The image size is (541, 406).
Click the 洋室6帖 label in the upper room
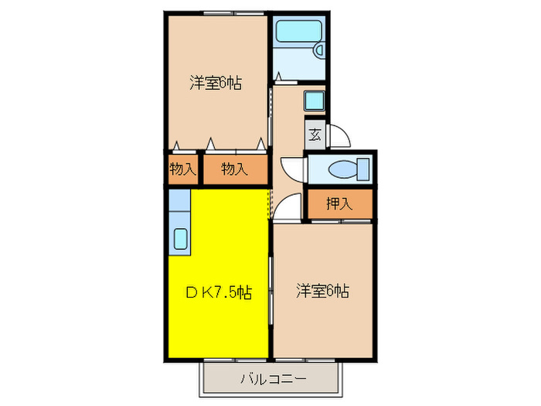[216, 83]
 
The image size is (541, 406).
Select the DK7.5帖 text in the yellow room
[218, 292]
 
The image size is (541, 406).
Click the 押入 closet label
[339, 204]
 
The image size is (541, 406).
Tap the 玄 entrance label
[315, 134]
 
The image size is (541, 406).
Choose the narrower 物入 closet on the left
[182, 169]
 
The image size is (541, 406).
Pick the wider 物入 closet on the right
[234, 169]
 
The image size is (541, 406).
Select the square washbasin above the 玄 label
[314, 101]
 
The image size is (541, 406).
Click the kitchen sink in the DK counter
[179, 239]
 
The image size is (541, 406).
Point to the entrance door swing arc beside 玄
[341, 135]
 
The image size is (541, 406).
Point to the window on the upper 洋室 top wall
[219, 13]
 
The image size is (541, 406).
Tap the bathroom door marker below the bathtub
[279, 77]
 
